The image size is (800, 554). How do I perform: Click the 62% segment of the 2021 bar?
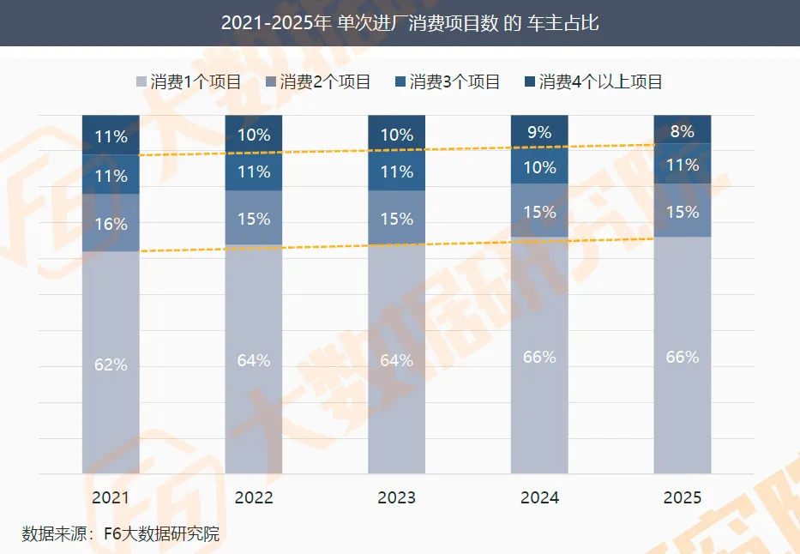click(111, 362)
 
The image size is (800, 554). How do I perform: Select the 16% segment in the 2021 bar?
click(111, 222)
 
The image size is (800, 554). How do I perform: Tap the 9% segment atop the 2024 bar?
click(539, 131)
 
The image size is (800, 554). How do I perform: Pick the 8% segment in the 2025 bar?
click(683, 129)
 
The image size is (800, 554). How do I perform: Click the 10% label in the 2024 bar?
click(539, 167)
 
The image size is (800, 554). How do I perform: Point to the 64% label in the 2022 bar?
click(254, 360)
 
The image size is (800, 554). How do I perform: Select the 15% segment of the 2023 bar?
click(396, 217)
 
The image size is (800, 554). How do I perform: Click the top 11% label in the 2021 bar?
click(111, 136)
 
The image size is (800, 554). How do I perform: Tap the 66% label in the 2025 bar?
click(683, 357)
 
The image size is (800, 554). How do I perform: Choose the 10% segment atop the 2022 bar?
click(254, 133)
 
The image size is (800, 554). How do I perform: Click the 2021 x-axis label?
click(111, 497)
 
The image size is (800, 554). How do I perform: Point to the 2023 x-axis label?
click(396, 497)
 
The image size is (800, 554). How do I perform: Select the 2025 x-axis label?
click(683, 497)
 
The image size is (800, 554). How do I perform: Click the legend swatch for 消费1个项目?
click(141, 81)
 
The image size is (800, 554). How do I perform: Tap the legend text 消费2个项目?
click(325, 81)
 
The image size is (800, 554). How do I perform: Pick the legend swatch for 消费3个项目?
click(400, 81)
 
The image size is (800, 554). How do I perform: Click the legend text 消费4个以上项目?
click(600, 81)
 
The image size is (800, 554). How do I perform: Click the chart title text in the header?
click(410, 23)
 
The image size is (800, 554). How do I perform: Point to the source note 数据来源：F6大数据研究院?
click(120, 533)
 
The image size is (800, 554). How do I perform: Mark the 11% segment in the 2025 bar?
click(683, 164)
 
